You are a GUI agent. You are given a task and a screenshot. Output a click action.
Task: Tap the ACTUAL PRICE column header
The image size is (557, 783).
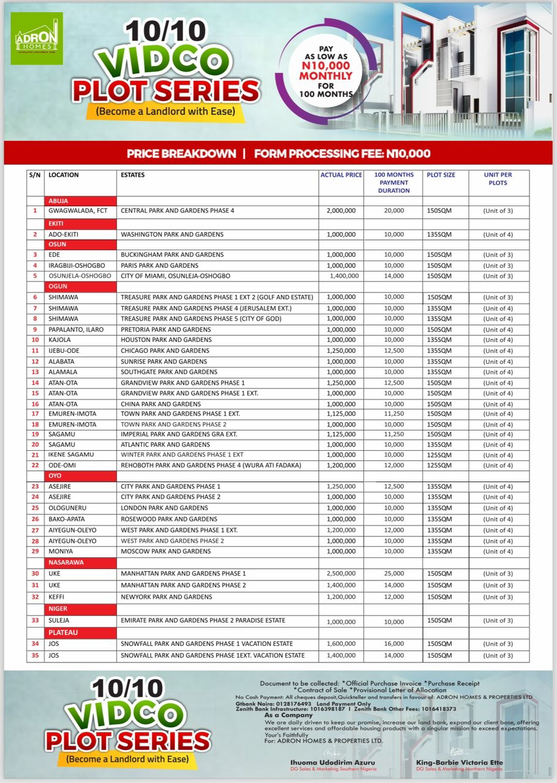[x=341, y=175]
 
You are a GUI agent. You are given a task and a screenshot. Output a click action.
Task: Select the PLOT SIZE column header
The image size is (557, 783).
[x=441, y=175]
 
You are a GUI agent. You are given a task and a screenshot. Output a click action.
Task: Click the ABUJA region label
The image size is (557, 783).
[x=59, y=201]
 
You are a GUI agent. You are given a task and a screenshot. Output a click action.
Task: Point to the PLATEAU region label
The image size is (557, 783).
[x=63, y=632]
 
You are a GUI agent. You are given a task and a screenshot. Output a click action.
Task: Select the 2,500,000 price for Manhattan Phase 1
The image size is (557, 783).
[x=341, y=574]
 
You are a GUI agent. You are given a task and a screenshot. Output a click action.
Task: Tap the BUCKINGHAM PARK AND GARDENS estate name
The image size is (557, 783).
[x=172, y=254]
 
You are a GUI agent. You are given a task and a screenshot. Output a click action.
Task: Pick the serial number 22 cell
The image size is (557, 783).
[x=35, y=466]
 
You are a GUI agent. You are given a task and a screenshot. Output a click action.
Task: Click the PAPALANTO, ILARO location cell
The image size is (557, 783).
[x=76, y=330]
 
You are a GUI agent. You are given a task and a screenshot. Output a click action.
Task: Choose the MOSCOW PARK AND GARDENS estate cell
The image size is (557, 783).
[x=165, y=552]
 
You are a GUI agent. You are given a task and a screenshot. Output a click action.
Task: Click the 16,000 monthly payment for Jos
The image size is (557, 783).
[x=394, y=644]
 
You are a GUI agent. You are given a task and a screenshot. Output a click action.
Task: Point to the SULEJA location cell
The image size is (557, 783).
[x=60, y=621]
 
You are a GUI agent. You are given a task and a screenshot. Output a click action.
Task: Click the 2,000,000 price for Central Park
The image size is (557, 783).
[x=341, y=211]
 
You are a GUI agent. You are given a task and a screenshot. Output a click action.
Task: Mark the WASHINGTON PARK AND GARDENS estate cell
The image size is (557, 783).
[x=172, y=234]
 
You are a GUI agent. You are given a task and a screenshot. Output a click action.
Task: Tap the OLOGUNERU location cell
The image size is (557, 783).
[x=69, y=508]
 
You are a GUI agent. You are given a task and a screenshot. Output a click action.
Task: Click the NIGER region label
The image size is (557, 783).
[x=58, y=609]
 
